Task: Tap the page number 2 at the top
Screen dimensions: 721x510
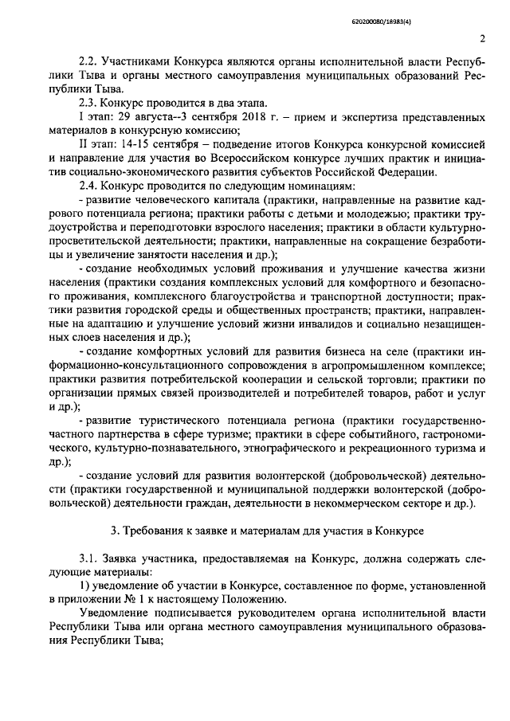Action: [x=483, y=38]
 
